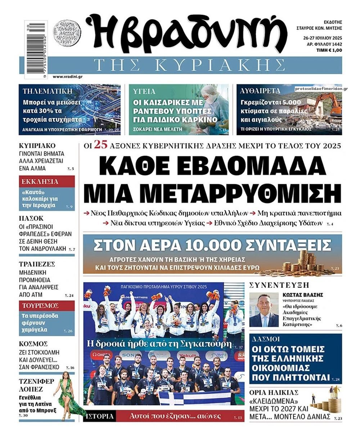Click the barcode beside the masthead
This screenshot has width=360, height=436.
(37, 49)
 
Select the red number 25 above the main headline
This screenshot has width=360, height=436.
(101, 145)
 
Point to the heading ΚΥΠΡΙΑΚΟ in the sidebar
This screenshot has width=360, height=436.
(37, 146)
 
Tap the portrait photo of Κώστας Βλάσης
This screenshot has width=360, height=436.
(264, 310)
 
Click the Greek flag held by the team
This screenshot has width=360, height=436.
(194, 398)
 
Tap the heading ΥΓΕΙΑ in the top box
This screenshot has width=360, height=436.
(144, 91)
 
